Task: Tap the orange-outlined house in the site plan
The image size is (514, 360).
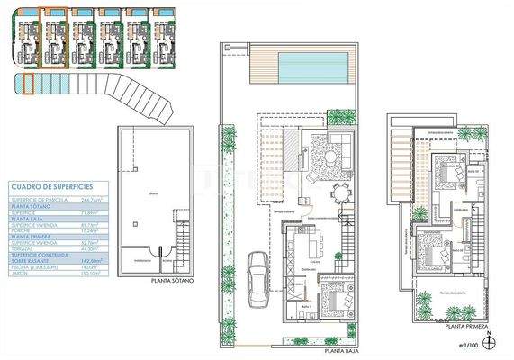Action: pos(54,36)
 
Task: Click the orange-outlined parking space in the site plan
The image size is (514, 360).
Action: pos(27,85)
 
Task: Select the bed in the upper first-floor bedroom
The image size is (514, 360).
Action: pos(444,168)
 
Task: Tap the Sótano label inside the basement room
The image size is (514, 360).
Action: pos(154,193)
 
